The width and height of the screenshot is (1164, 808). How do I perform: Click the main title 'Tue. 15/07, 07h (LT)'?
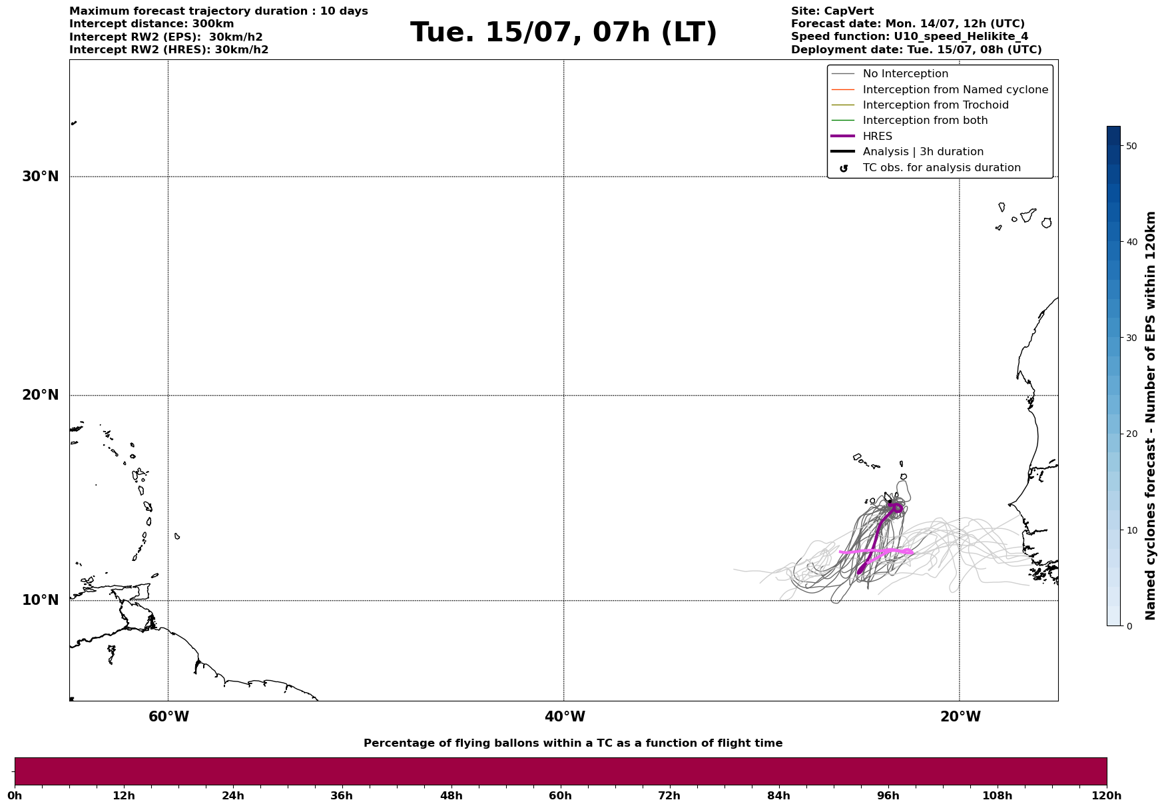[x=563, y=33]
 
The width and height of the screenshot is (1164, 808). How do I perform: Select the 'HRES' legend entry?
[x=877, y=137]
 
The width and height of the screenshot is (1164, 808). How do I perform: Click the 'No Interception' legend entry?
[x=905, y=74]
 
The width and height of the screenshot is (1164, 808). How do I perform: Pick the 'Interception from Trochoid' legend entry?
[x=935, y=105]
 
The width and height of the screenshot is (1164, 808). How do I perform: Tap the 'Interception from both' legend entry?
[x=925, y=121]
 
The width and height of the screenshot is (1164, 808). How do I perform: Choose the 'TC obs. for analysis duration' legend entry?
[x=941, y=168]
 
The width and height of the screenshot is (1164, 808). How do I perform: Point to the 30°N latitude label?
[x=41, y=177]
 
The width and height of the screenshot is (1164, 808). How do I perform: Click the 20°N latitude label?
[x=41, y=395]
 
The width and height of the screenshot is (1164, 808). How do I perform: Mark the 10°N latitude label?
[x=41, y=600]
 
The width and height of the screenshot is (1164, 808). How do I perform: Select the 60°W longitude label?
[x=168, y=717]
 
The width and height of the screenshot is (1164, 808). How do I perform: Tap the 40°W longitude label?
[x=565, y=717]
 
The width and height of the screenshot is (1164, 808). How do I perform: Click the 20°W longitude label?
[x=960, y=717]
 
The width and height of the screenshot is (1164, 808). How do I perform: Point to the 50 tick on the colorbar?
[x=1130, y=146]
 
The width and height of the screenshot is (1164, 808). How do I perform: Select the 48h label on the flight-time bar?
[x=451, y=795]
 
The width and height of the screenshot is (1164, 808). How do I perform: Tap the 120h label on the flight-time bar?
[x=1106, y=795]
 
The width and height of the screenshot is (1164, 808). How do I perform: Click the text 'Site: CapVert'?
[x=832, y=11]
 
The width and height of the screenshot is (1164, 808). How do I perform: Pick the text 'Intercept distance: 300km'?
[x=151, y=24]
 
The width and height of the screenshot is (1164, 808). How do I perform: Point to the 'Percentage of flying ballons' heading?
[x=573, y=743]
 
